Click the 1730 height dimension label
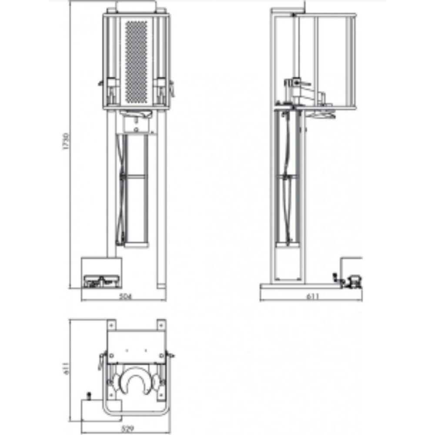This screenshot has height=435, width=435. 66,141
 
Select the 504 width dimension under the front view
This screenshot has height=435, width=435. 125,297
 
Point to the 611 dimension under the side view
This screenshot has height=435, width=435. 312,297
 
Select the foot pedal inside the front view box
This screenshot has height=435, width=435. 101,281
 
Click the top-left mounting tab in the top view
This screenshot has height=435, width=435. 111,325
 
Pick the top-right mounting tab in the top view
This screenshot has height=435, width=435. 161,325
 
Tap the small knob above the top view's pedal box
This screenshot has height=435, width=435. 89,395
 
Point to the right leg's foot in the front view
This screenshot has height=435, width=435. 161,286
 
